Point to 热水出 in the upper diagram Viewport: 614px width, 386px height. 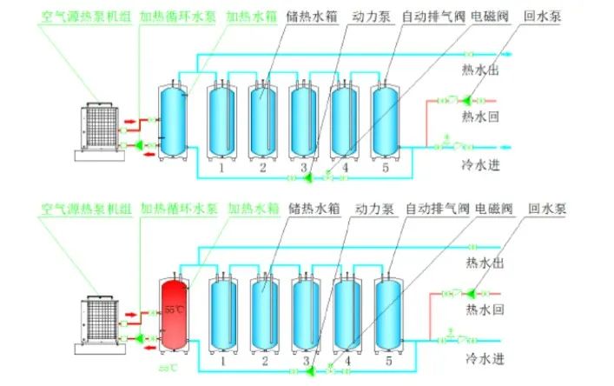tap(479, 70)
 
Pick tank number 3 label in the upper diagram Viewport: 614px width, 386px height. tap(304, 166)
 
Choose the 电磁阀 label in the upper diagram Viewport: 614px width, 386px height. tap(491, 17)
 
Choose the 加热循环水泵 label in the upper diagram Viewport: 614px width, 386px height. tap(179, 17)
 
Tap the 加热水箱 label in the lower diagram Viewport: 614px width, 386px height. tap(253, 209)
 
